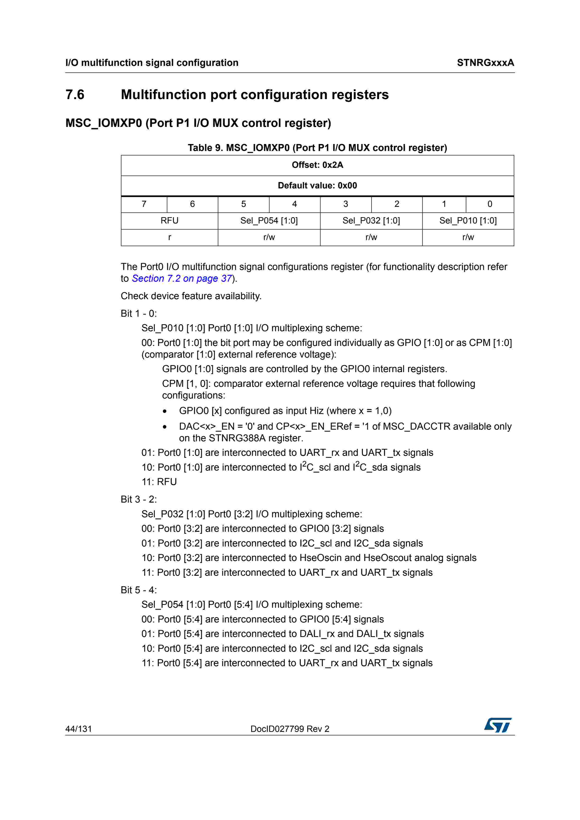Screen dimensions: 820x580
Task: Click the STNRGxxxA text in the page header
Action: tap(485, 63)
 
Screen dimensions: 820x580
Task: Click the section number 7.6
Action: tap(75, 95)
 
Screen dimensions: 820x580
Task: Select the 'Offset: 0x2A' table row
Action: tap(317, 165)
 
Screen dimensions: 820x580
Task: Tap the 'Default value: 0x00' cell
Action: tap(317, 186)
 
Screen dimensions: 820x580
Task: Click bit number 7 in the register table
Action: tap(144, 204)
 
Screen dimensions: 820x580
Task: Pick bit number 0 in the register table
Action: tap(490, 204)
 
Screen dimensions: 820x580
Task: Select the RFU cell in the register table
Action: tap(169, 221)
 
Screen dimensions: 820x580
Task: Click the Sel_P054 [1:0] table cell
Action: tap(269, 221)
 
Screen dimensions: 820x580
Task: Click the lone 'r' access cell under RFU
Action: tap(169, 237)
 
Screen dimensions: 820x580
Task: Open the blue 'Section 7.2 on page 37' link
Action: tap(182, 279)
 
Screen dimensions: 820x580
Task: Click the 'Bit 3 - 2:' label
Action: tap(139, 499)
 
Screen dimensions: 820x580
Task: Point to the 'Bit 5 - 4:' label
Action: tap(139, 590)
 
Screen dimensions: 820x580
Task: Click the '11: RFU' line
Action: tap(159, 482)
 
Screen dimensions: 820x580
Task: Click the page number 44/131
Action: tap(79, 729)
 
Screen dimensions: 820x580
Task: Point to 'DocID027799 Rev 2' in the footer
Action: tap(290, 729)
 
